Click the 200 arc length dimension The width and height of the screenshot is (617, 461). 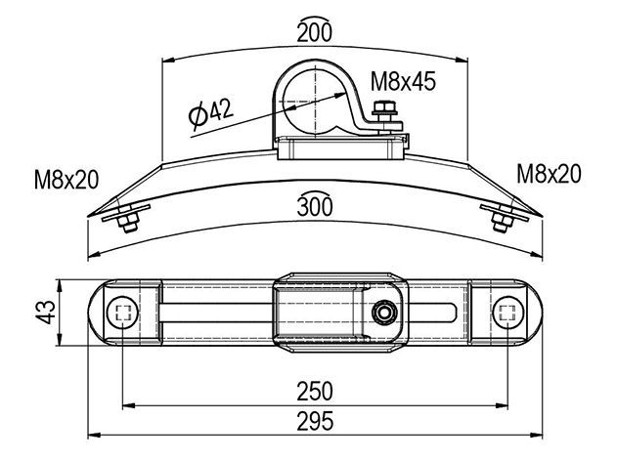pos(315,30)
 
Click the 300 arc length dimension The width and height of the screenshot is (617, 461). pos(315,204)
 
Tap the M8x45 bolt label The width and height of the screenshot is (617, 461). pos(403,81)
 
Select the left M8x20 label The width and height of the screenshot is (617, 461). pos(66,180)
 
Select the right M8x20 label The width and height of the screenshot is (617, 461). pos(549,174)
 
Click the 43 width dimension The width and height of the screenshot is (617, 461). pos(46,312)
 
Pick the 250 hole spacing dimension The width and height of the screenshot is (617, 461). pos(315,391)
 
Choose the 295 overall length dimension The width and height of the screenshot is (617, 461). pos(315,421)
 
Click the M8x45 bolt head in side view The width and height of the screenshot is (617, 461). pos(385,107)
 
